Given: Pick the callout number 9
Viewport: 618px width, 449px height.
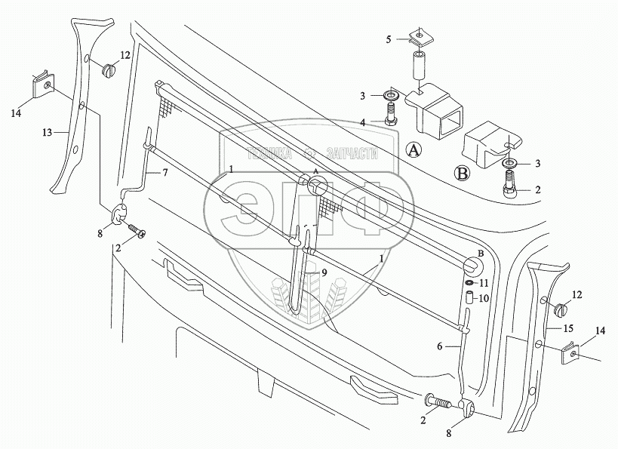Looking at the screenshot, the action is click(x=325, y=273).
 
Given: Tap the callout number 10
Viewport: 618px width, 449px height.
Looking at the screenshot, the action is click(x=485, y=298).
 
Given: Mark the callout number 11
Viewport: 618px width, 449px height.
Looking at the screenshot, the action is click(x=485, y=283).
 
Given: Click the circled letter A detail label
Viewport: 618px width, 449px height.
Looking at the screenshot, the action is click(x=413, y=149).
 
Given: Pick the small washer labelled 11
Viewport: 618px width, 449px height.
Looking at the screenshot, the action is click(x=469, y=283).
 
